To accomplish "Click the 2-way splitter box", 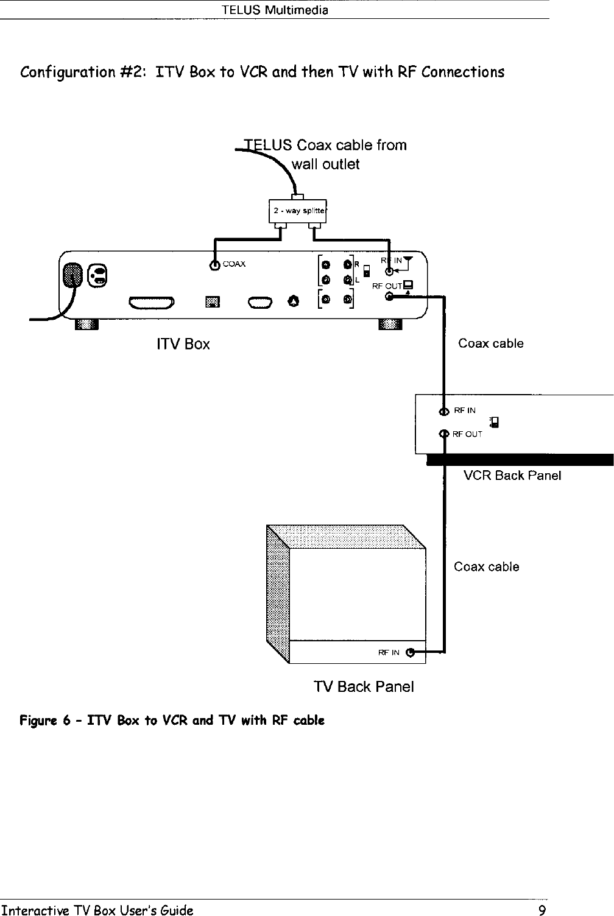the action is coord(297,211).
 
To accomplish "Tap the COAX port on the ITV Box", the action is coord(214,266).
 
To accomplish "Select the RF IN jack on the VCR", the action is coord(444,411).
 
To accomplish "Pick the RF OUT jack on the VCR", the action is coord(444,434).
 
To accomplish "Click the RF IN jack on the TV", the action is coord(410,653).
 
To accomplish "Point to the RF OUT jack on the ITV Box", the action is coord(389,297).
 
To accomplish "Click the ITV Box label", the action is coord(183,344).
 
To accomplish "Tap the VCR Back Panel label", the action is coord(512,475).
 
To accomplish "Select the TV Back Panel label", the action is coord(364,686).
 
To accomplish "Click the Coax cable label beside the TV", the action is coord(486,566).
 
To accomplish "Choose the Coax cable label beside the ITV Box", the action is coord(490,343).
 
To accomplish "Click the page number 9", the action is coord(542,910).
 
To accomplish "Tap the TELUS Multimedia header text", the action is coord(275,10).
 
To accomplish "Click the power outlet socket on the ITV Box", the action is coord(97,275).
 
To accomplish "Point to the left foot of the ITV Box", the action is coord(86,324).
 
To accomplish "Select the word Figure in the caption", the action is coord(38,720).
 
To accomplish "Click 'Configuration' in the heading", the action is coord(68,72).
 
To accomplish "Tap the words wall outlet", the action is coord(325,164).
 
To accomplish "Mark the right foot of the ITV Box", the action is coord(390,324).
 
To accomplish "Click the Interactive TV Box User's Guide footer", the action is coord(97,910).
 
